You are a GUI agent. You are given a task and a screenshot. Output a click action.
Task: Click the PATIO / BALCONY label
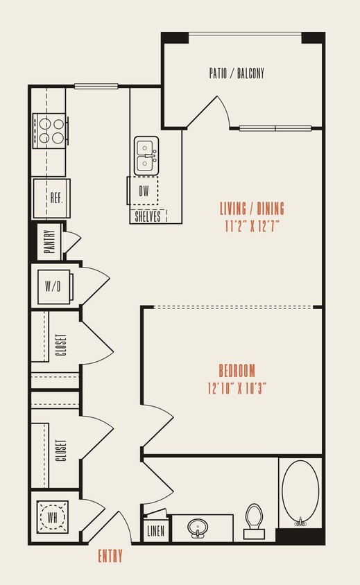(x=237, y=73)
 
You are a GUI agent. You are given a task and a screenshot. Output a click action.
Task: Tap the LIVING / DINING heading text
(x=252, y=208)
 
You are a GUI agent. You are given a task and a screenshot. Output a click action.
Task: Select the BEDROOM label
(x=237, y=370)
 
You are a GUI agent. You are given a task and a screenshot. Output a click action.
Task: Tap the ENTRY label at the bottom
(x=110, y=555)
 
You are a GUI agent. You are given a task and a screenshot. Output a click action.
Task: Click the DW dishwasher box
(x=144, y=191)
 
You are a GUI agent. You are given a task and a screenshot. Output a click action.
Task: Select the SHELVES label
(x=148, y=216)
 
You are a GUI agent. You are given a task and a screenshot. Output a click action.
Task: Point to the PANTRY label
(x=49, y=242)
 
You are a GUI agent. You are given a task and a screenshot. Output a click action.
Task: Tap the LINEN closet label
(x=156, y=532)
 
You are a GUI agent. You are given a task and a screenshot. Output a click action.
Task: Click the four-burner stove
(x=51, y=130)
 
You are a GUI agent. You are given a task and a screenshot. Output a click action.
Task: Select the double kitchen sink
(x=146, y=155)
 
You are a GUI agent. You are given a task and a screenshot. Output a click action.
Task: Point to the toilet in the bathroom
(x=255, y=520)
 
